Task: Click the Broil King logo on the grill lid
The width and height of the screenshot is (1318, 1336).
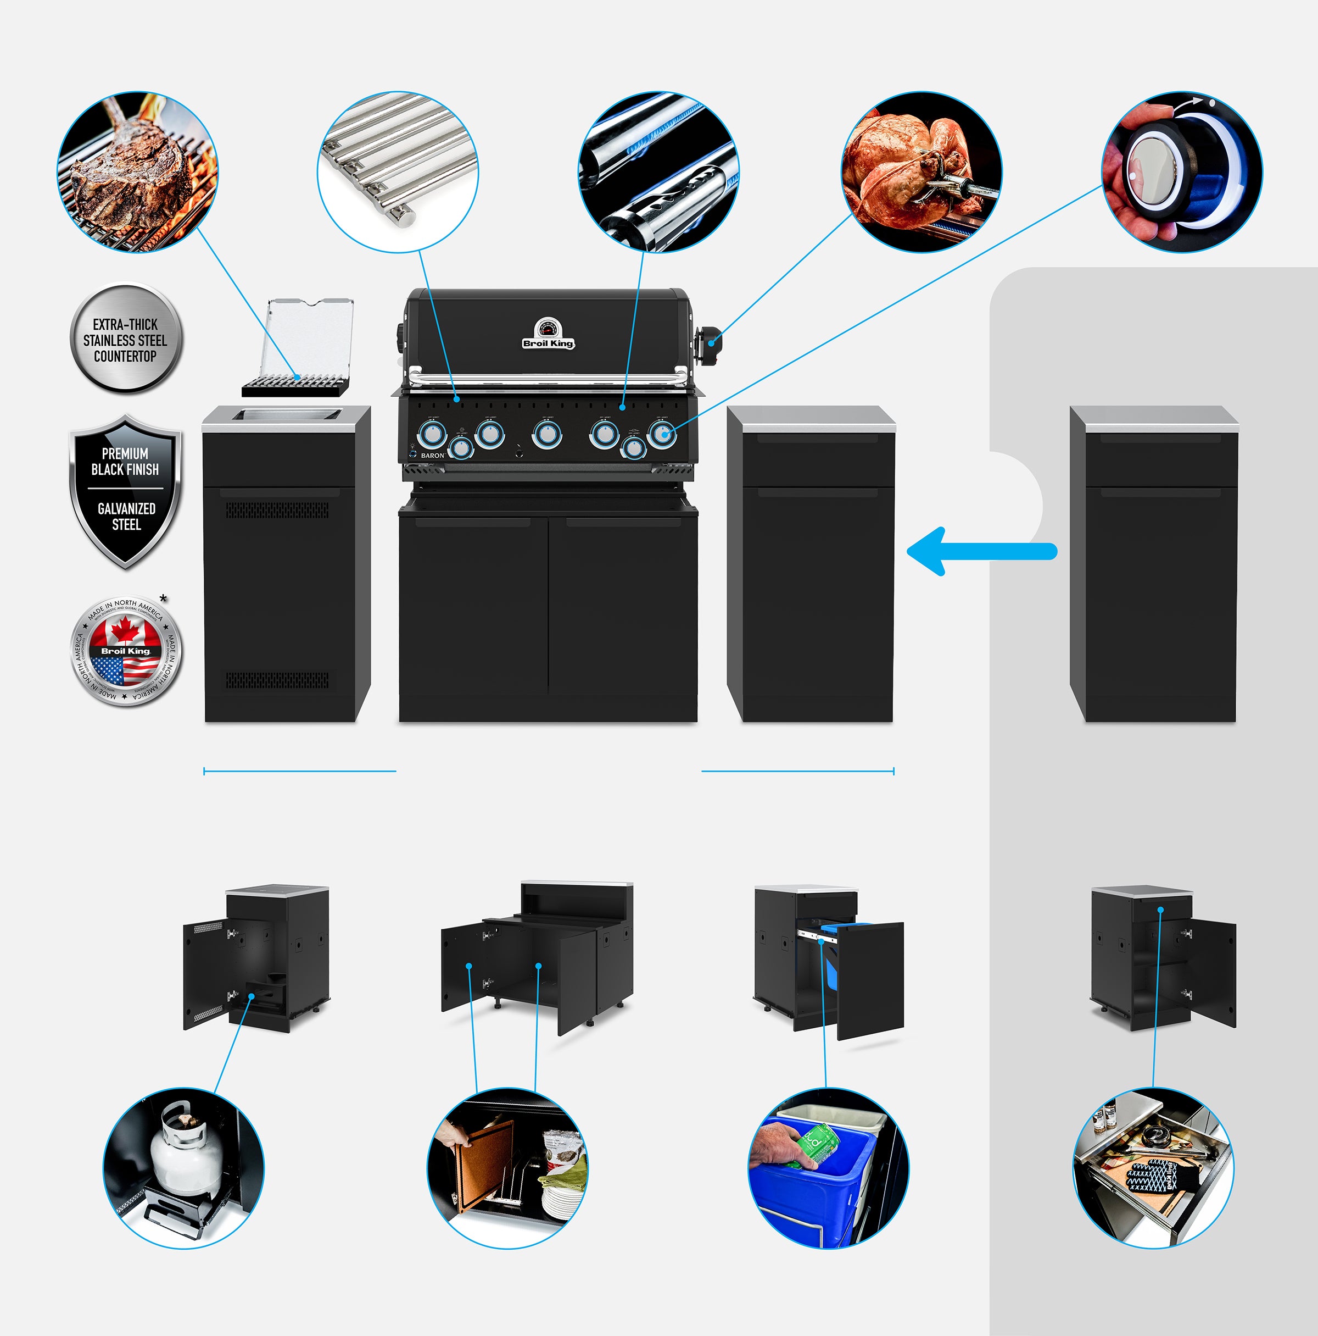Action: pyautogui.click(x=548, y=343)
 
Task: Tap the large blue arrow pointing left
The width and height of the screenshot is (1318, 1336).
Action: pyautogui.click(x=981, y=551)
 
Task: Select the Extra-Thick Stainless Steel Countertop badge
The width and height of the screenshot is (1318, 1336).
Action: pyautogui.click(x=125, y=340)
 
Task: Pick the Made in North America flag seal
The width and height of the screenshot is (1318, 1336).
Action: pyautogui.click(x=125, y=651)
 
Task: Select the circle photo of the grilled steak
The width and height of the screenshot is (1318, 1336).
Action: pyautogui.click(x=137, y=171)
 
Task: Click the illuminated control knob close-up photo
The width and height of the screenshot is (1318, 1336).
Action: pyautogui.click(x=1181, y=171)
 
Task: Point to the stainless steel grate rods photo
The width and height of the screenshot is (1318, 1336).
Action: pyautogui.click(x=398, y=171)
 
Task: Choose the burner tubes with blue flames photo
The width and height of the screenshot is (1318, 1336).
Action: pyautogui.click(x=658, y=171)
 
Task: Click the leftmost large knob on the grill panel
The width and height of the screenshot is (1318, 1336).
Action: pyautogui.click(x=431, y=434)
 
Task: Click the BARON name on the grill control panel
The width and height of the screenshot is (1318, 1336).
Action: pyautogui.click(x=433, y=456)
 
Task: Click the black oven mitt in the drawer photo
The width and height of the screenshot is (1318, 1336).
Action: pyautogui.click(x=1152, y=1176)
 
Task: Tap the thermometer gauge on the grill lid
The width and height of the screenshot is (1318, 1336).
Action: pyautogui.click(x=548, y=327)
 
